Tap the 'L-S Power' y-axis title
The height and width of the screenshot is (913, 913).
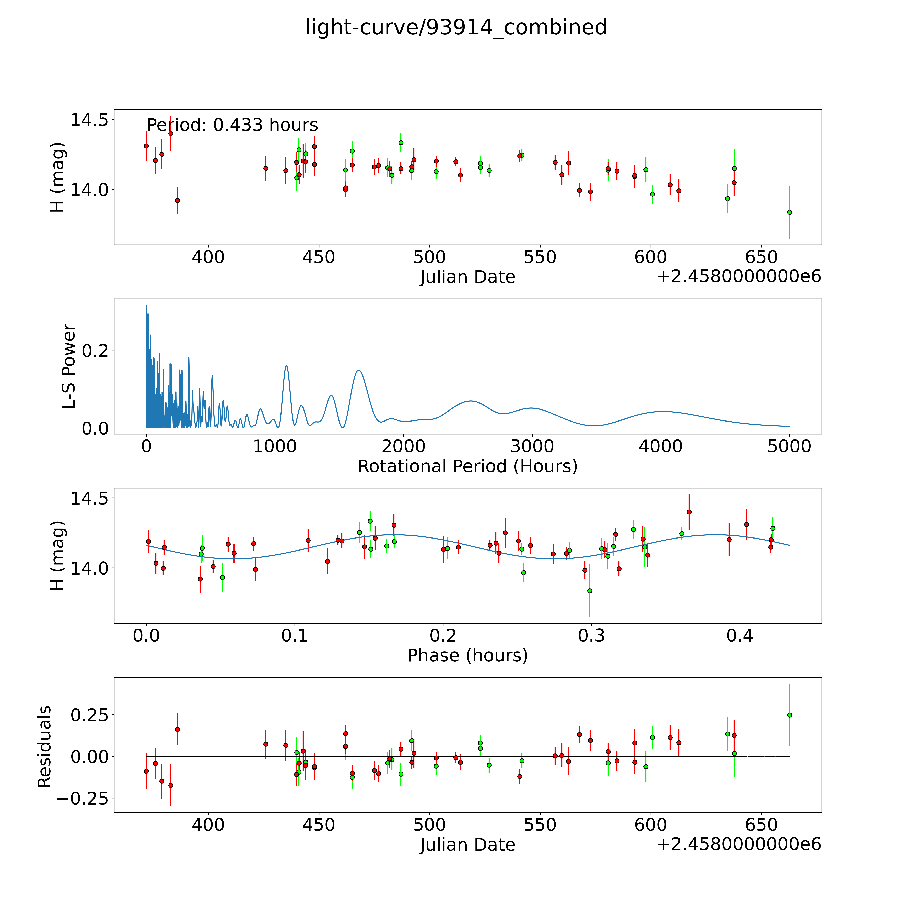tap(69, 366)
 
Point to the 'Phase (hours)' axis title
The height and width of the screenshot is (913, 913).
tap(467, 656)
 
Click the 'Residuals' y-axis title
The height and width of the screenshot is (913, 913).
tap(44, 747)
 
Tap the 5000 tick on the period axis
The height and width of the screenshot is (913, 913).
tap(789, 446)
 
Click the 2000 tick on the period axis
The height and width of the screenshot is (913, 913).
tap(404, 446)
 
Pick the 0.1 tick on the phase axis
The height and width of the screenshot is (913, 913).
tap(294, 636)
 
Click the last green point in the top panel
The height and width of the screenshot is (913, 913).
tap(789, 212)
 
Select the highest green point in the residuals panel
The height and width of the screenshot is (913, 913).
tap(789, 715)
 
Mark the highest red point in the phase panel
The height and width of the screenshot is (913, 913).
tap(689, 512)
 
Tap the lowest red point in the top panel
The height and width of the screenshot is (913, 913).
tap(177, 200)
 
